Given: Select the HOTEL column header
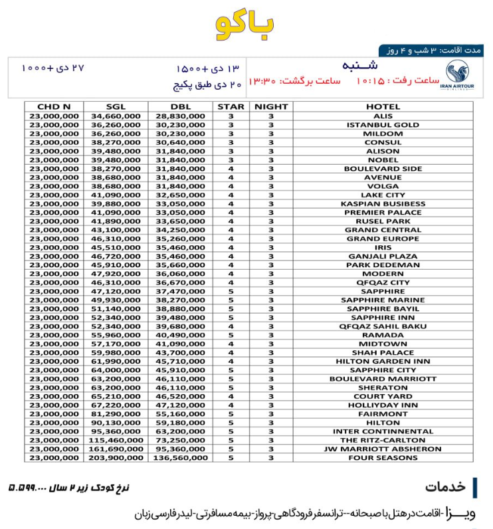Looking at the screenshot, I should pyautogui.click(x=383, y=107).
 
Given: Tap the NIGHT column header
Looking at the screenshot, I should pyautogui.click(x=271, y=107).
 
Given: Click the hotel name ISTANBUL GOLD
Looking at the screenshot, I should pyautogui.click(x=383, y=125).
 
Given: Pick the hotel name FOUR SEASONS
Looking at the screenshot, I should pyautogui.click(x=383, y=458).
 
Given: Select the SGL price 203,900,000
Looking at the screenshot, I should pyautogui.click(x=114, y=458).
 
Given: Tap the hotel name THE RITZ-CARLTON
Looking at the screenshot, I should pyautogui.click(x=383, y=441).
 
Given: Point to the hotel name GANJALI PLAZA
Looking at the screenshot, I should pyautogui.click(x=383, y=257).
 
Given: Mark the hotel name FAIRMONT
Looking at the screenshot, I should pyautogui.click(x=383, y=414).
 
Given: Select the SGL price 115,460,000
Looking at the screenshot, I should pyautogui.click(x=114, y=441).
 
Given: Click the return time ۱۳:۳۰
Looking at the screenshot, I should pyautogui.click(x=261, y=81).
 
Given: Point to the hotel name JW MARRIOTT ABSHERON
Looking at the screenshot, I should pyautogui.click(x=383, y=449).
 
